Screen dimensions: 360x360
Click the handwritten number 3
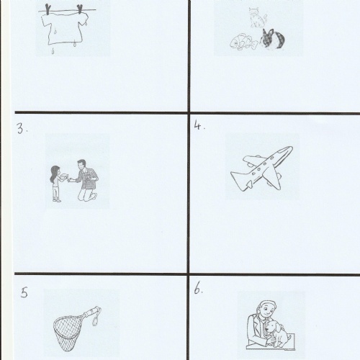[21, 128]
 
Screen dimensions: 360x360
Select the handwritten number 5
[24, 293]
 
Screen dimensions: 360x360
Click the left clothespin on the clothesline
[48, 9]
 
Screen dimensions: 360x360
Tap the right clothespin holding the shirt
[80, 9]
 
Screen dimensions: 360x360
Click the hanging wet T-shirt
[65, 28]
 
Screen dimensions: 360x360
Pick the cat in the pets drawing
[257, 17]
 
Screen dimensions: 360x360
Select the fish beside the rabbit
[243, 42]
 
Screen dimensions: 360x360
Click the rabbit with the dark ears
[273, 40]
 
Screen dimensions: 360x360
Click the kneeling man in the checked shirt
[86, 180]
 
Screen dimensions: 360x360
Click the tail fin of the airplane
[236, 180]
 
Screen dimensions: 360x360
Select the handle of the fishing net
[91, 312]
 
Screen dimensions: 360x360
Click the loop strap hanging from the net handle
[96, 318]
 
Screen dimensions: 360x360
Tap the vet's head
[266, 310]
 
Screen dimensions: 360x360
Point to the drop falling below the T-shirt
[53, 51]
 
